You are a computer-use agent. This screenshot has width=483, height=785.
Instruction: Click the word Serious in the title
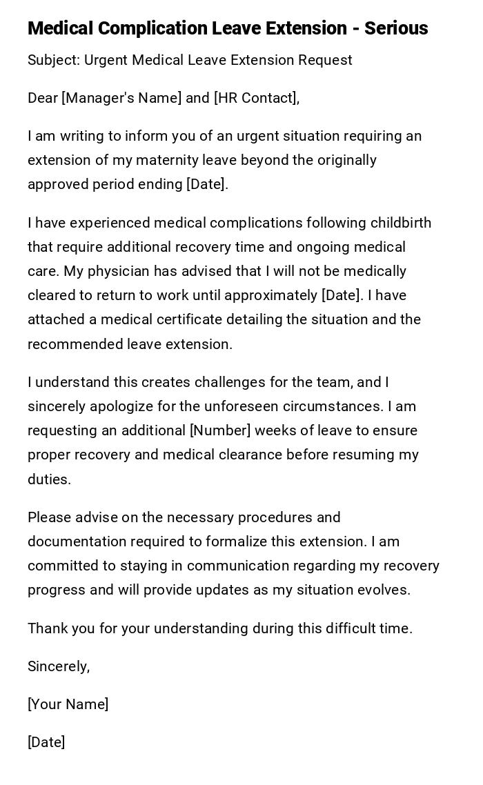coord(396,28)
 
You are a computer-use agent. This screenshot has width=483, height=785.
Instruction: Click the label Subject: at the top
coord(54,60)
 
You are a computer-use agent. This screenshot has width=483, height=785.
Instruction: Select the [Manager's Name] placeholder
coord(121,98)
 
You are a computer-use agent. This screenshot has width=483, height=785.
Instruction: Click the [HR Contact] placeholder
coord(255,98)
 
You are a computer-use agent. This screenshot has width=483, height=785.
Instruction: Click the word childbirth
coord(401,223)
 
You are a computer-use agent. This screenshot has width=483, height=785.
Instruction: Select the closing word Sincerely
coord(57,666)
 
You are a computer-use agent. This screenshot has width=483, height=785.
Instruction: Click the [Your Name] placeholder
coord(68,704)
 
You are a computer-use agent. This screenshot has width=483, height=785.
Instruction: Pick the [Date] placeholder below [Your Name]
coord(46,742)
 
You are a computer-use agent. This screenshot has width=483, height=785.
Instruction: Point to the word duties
coord(48,479)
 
